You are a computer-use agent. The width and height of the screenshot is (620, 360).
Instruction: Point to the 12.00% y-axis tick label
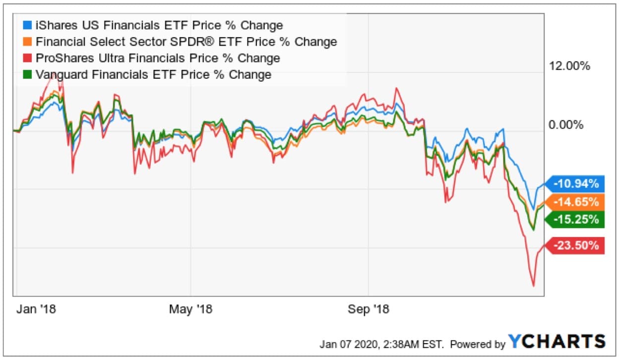coord(569,66)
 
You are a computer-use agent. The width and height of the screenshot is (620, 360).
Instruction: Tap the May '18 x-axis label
coord(190,309)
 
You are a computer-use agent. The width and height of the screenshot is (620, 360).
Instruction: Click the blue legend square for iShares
coord(28,25)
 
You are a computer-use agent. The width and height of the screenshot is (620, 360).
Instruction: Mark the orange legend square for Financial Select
coord(28,42)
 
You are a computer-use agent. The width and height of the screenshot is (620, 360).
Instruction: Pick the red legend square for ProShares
coord(28,58)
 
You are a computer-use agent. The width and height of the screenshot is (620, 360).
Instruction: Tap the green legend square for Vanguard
coord(28,75)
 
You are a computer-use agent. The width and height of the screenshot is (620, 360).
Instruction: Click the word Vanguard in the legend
coord(59,75)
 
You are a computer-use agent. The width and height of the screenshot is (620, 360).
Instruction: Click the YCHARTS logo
coord(557,341)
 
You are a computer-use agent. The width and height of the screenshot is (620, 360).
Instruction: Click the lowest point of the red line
coord(534,286)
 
